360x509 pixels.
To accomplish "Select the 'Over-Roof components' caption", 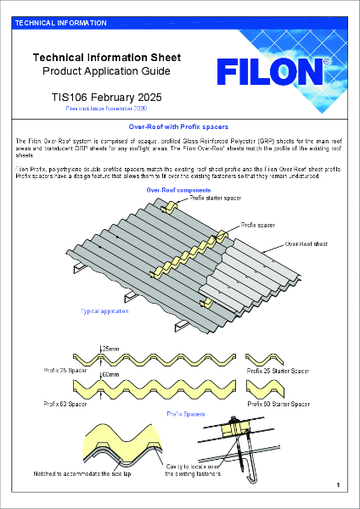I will click(173, 190).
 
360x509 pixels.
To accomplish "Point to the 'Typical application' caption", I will click(104, 312).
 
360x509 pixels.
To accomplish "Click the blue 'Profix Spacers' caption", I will click(185, 413).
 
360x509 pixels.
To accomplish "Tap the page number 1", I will click(338, 484).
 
